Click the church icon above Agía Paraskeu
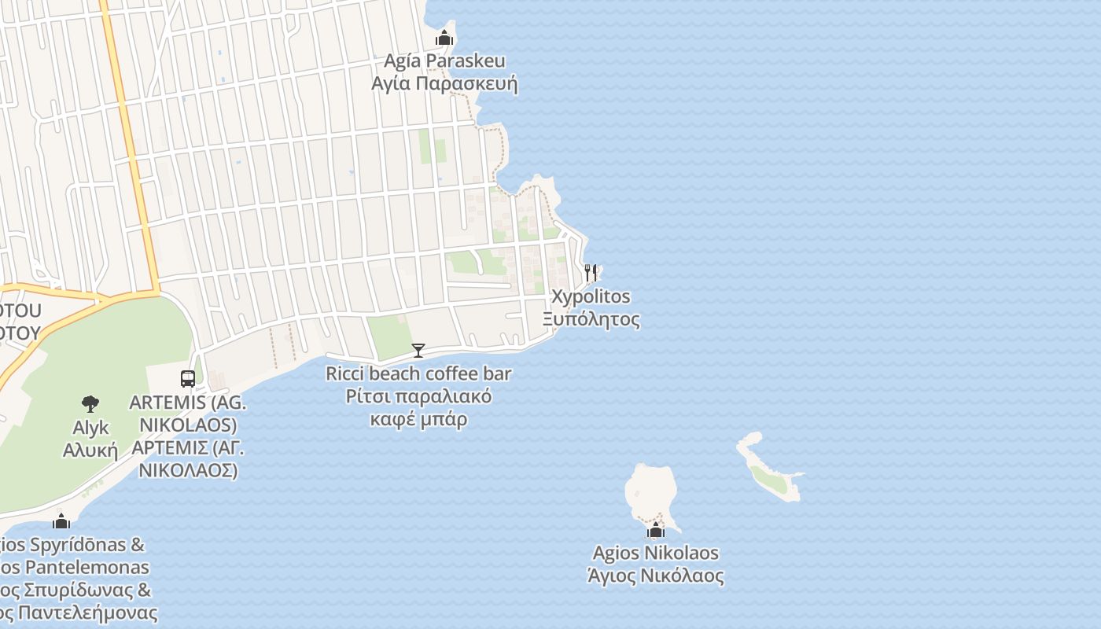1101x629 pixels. point(444,38)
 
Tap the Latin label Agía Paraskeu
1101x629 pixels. point(444,61)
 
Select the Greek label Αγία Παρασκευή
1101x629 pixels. point(444,83)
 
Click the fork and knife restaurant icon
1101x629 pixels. point(591,273)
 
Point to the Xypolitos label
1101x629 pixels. point(591,296)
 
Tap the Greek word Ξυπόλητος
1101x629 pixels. point(591,319)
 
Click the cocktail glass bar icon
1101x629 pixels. point(418,351)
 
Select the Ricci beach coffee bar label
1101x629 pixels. point(418,373)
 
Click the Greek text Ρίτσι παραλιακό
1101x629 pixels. point(418,396)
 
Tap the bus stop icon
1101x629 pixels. point(188,379)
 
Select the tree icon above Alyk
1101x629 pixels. point(90,404)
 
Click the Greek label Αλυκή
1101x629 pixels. point(90,451)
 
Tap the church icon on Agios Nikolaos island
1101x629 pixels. point(656,531)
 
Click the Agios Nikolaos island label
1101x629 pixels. point(656,553)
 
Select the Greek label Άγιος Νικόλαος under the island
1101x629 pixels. point(656,576)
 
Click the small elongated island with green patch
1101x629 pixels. point(768,470)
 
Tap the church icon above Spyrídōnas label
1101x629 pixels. point(61,521)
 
